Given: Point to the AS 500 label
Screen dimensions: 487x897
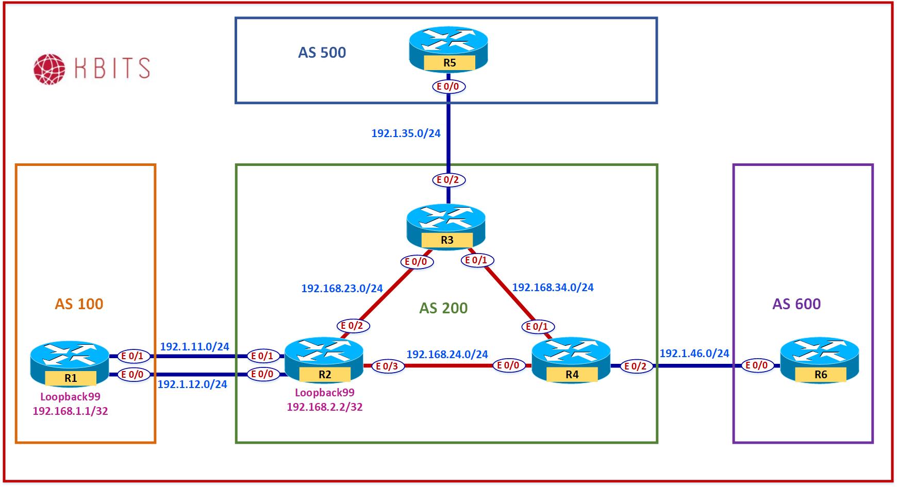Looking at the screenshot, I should click(322, 53).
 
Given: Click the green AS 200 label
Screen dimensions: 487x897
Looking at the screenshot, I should click(443, 308).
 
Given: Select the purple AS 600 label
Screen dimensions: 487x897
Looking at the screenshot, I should click(796, 304).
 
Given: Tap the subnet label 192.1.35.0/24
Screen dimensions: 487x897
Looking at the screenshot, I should click(406, 133).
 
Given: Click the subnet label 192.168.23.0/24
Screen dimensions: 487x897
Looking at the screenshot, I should click(342, 289).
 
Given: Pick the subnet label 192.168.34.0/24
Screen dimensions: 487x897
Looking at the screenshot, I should click(553, 288).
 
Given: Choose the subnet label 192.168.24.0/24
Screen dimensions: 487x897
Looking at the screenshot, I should click(447, 355).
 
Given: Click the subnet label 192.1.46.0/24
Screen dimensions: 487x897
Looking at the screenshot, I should click(694, 354).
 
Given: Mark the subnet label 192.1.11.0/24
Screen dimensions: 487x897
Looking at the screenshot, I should click(194, 347).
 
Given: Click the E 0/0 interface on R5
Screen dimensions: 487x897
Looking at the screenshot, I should click(448, 87).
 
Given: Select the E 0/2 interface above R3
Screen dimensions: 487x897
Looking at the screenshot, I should click(448, 180).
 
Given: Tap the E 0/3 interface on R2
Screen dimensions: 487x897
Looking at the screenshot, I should click(387, 366).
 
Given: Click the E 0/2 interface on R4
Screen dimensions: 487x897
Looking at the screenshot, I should click(635, 366).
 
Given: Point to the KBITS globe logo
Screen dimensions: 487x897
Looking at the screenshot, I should click(49, 69).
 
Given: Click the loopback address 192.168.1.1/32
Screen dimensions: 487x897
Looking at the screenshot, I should click(70, 411).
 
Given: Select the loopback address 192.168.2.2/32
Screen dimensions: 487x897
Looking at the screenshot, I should click(325, 407).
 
